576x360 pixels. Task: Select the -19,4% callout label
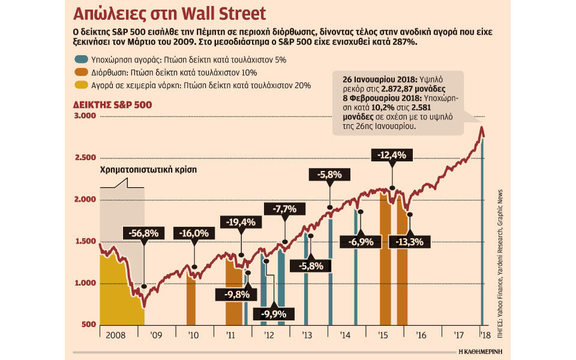[241, 222]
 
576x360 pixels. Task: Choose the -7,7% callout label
[284, 209]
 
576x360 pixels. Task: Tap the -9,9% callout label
[274, 313]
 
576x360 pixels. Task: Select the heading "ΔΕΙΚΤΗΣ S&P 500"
[112, 104]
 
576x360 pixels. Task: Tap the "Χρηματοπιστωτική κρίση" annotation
[149, 170]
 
